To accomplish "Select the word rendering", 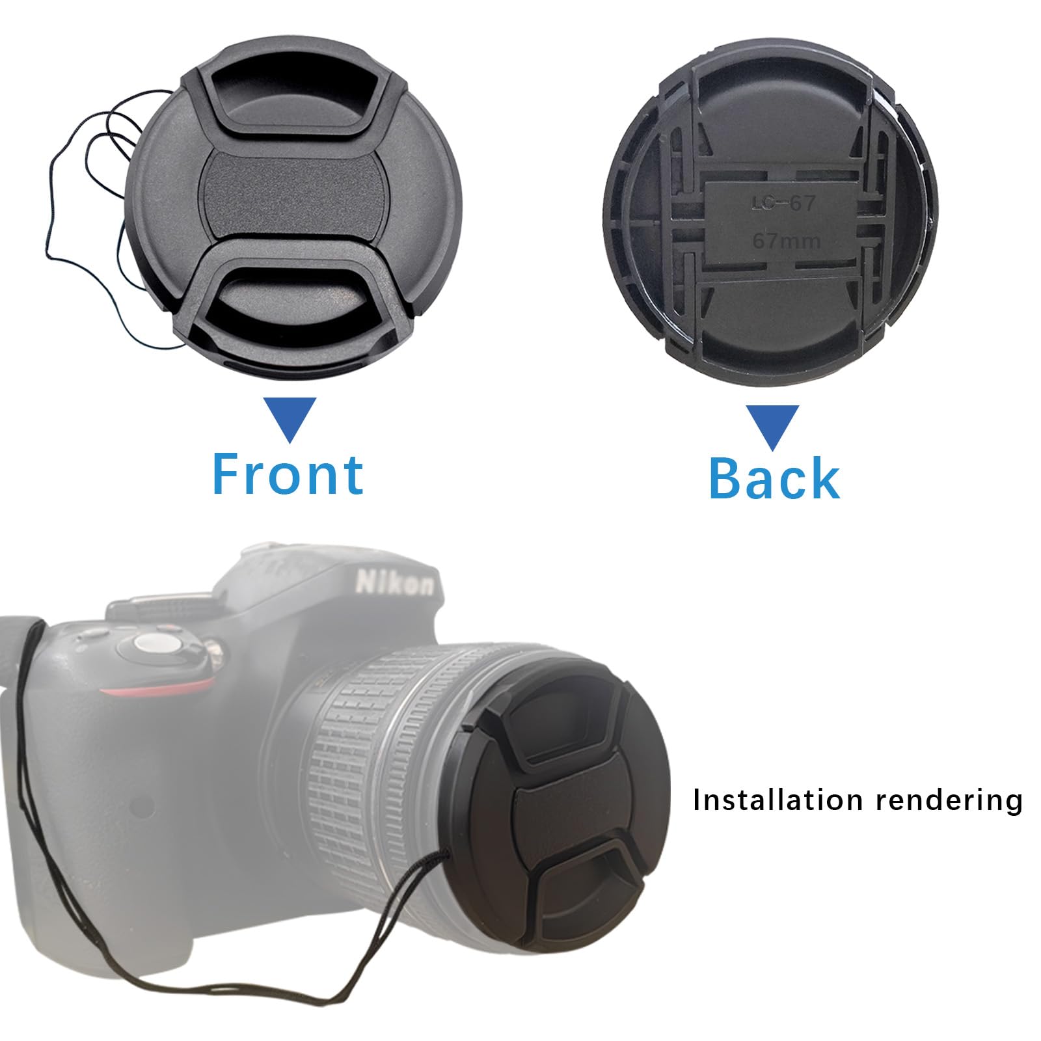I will click(949, 801).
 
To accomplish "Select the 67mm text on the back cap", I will click(786, 241).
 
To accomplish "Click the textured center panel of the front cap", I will click(291, 195).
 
